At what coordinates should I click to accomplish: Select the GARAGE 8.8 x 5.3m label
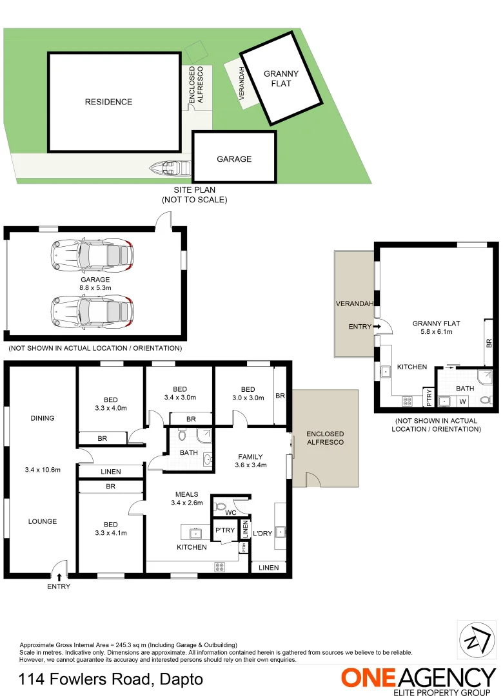tap(95, 284)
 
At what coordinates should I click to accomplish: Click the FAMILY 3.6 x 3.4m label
tap(250, 461)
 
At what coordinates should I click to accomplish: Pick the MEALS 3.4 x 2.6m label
tap(186, 499)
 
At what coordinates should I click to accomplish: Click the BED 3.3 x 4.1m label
tap(111, 528)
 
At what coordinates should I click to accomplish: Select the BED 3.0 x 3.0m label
tap(248, 394)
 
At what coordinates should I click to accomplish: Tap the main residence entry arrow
tap(59, 577)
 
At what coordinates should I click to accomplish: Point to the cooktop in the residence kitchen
tap(219, 567)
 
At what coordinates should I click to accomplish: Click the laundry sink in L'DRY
tap(281, 532)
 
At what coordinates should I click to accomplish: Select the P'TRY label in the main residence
tap(225, 530)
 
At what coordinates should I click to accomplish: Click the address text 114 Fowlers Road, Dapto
tap(111, 679)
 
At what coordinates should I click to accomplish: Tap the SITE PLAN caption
tap(194, 195)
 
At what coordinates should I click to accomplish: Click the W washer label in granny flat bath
tap(462, 401)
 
